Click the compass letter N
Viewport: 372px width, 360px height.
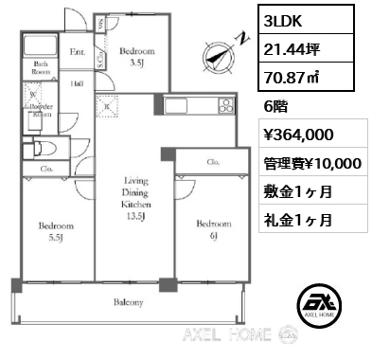(x=242, y=39)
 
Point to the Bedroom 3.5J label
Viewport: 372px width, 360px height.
(x=137, y=58)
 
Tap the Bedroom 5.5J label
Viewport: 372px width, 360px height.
(x=56, y=232)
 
